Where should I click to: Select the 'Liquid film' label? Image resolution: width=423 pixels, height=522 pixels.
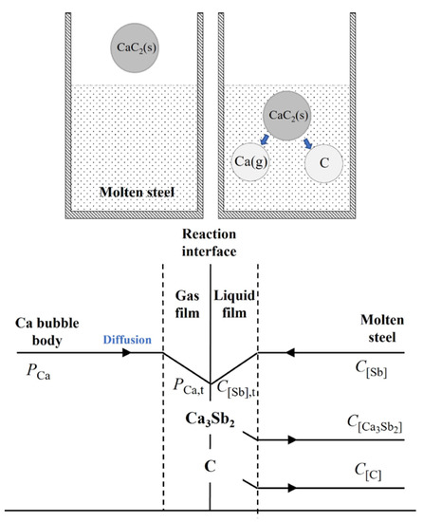pos(233,302)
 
